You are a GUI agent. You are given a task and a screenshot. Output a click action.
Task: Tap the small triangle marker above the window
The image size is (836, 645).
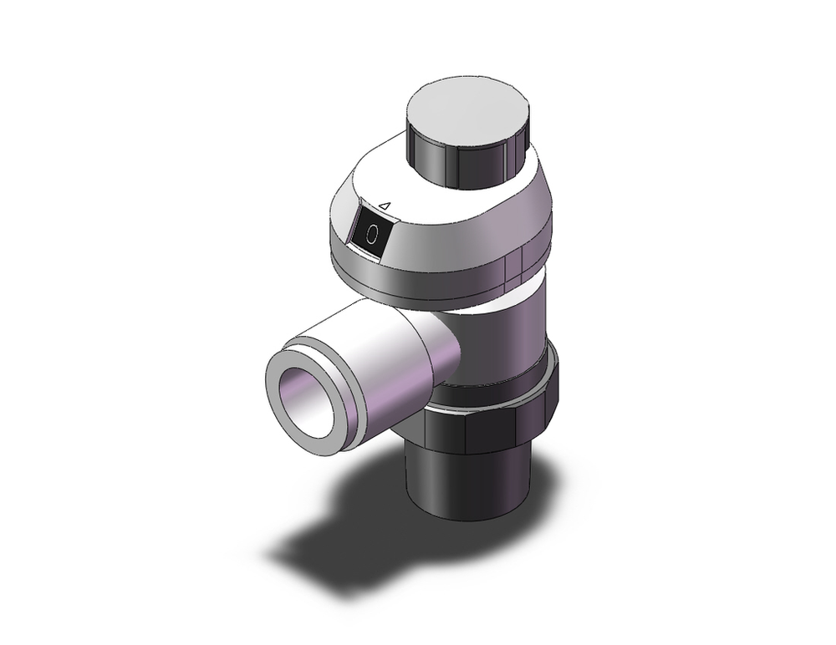point(385,203)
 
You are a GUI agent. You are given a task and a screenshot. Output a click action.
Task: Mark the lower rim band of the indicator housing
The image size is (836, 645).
point(418,280)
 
